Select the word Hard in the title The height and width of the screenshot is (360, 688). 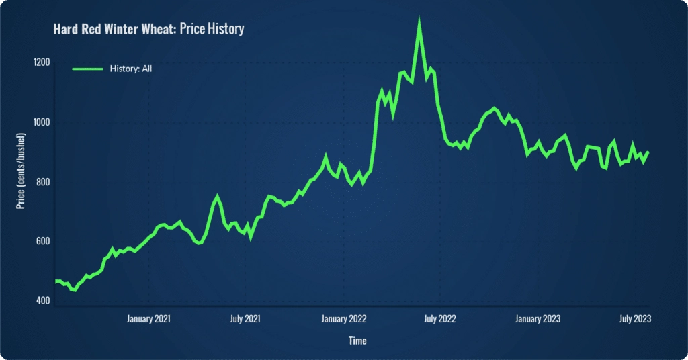click(66, 29)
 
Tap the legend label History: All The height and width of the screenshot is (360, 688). click(132, 69)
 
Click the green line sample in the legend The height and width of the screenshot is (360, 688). click(87, 69)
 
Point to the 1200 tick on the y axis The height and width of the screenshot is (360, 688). click(42, 62)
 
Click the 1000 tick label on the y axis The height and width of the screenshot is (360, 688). click(42, 122)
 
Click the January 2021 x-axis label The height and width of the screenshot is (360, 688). click(148, 318)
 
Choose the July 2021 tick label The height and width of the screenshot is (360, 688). click(245, 318)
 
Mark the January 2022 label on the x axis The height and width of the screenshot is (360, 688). click(343, 318)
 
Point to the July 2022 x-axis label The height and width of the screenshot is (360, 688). click(439, 318)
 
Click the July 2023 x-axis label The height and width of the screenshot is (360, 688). click(634, 318)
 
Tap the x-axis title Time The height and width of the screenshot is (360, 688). click(357, 341)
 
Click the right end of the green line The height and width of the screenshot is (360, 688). click(648, 152)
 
